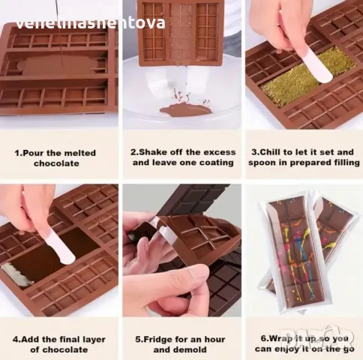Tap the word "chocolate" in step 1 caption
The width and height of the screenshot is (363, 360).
point(56,163)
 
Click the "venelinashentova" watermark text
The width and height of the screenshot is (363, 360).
point(91,23)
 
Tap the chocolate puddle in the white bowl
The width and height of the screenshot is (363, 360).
point(185,110)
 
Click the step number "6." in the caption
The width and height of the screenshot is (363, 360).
point(265,339)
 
